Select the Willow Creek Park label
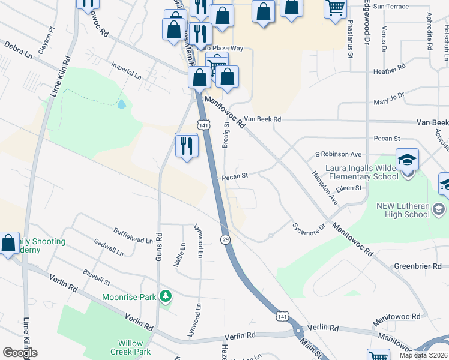pos(127,347)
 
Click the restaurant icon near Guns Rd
pos(187,145)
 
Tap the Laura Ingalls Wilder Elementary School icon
pos(407,160)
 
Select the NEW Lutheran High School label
pos(403,210)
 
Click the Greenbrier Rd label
pos(417,266)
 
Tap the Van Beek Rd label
pos(261,119)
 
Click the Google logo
pos(20,352)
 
